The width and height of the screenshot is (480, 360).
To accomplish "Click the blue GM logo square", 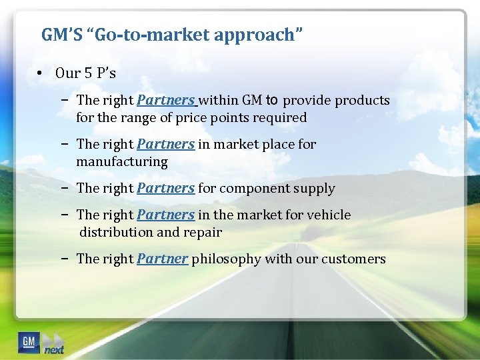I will coord(29,341).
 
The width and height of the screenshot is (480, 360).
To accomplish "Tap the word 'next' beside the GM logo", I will coord(54,349).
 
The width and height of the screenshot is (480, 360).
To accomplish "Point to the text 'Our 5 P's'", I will coord(85,73).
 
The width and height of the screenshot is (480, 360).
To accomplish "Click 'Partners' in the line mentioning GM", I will coord(165,101).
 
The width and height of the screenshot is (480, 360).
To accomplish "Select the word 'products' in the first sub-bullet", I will coord(362,101).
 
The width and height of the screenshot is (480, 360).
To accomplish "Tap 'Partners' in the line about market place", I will coord(165,144).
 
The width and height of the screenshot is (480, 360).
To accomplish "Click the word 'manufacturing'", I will coord(122,162).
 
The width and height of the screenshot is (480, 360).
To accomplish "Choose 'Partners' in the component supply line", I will coord(165,188).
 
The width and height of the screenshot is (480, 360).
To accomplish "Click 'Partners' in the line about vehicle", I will coord(165,215).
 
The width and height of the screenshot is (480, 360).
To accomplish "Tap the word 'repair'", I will coord(203,233).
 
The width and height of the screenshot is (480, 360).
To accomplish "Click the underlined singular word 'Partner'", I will coord(163,259).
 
